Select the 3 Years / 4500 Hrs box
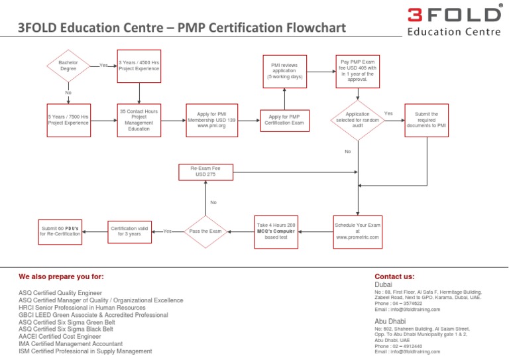click(139, 66)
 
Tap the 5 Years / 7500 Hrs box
click(68, 120)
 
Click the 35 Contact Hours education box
click(139, 120)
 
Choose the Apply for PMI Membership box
click(212, 120)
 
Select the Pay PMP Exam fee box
click(358, 70)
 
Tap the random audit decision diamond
click(358, 120)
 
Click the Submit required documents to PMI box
click(426, 120)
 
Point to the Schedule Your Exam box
click(358, 231)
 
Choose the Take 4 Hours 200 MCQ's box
click(276, 231)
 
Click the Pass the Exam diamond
click(205, 231)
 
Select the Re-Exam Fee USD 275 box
click(205, 172)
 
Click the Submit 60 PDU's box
click(59, 231)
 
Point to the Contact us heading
click(394, 276)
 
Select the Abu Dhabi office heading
click(391, 322)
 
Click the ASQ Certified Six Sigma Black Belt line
click(66, 329)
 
